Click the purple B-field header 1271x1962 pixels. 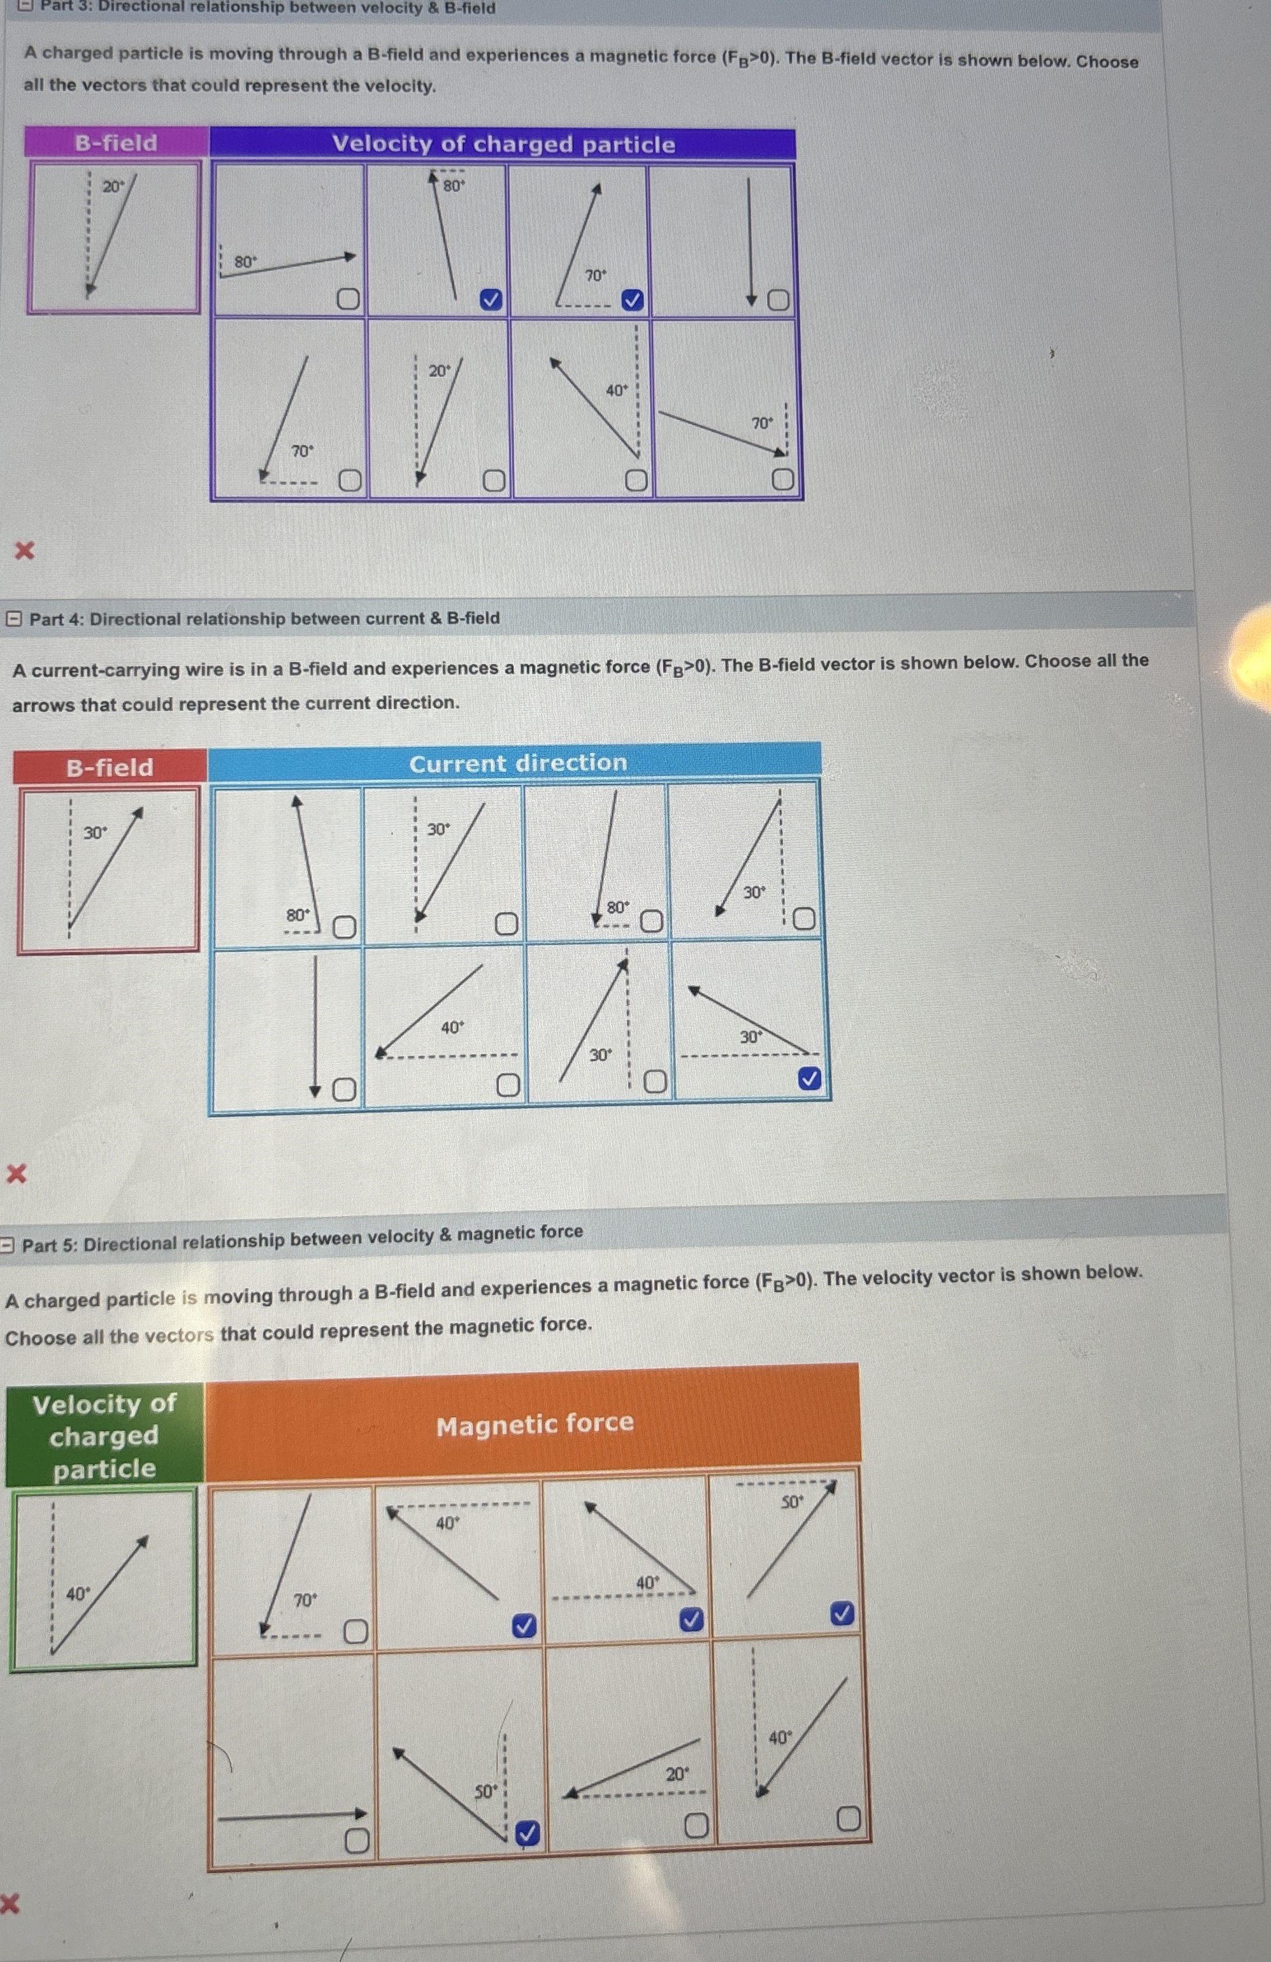click(x=115, y=143)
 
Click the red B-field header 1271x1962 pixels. click(x=110, y=767)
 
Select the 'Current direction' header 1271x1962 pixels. click(x=517, y=763)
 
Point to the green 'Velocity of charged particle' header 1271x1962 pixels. click(x=104, y=1436)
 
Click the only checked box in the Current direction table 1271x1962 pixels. click(x=810, y=1078)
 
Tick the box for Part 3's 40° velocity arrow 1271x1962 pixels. click(x=636, y=480)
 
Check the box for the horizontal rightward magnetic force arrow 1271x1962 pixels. click(x=356, y=1840)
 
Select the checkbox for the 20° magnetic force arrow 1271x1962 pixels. click(x=696, y=1826)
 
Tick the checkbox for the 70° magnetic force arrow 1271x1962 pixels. click(x=355, y=1631)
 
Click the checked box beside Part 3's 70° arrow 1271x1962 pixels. click(x=632, y=301)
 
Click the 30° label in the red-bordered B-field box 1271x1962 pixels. click(x=95, y=833)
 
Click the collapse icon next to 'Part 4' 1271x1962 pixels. click(x=14, y=618)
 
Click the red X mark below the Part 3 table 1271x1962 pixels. click(x=25, y=550)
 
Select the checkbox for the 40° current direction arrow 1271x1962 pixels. click(x=508, y=1086)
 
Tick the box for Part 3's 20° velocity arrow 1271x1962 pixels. click(x=493, y=480)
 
